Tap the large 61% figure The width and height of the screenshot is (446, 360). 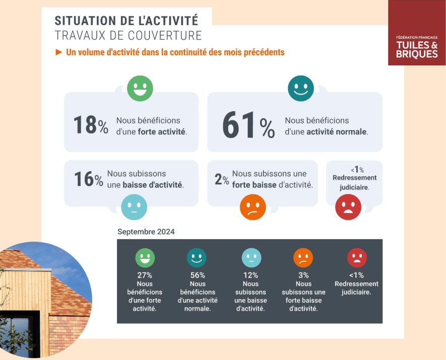tap(248, 126)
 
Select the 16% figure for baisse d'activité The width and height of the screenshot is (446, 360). tap(88, 179)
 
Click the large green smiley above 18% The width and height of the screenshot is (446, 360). tap(140, 88)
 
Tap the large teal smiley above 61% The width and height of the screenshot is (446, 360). tap(300, 89)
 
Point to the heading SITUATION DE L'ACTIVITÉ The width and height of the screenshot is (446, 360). tap(126, 21)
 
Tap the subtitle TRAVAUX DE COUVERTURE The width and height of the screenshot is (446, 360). tap(128, 36)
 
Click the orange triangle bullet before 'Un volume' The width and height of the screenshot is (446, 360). tap(58, 52)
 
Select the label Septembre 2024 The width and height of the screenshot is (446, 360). tap(146, 232)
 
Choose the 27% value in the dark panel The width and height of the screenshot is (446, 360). tap(145, 275)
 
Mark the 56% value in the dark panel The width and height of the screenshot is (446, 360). tap(197, 275)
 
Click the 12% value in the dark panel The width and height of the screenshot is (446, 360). tap(250, 275)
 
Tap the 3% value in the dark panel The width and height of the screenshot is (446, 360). tap(303, 275)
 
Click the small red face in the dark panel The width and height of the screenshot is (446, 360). tap(357, 258)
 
